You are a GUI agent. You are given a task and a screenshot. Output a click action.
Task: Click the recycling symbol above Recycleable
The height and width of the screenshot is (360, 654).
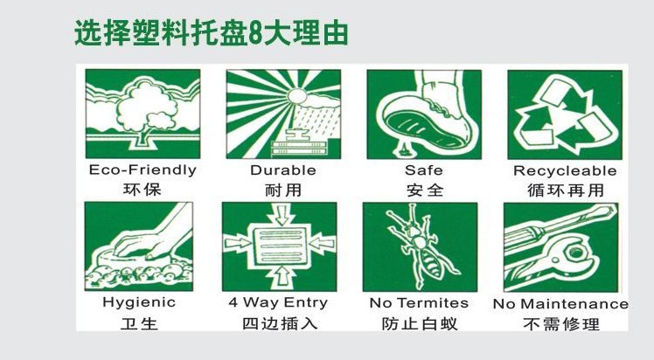coord(564,114)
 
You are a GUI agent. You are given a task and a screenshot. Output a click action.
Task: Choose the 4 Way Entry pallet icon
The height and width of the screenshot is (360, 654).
coord(278,247)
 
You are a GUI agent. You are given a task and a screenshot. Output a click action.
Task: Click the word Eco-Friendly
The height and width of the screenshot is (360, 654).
coord(143,170)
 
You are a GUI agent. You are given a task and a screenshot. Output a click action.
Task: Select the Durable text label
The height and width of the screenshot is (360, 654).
coord(283,170)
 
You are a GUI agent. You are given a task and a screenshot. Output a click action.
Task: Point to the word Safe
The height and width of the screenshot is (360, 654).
coord(423,170)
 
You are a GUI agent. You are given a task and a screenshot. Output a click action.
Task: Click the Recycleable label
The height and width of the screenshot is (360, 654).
coord(565,170)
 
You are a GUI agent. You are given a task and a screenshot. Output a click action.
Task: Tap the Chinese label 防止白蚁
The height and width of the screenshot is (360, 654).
coord(419,324)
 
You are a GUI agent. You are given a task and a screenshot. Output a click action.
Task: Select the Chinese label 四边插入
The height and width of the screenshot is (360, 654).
coord(279,324)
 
